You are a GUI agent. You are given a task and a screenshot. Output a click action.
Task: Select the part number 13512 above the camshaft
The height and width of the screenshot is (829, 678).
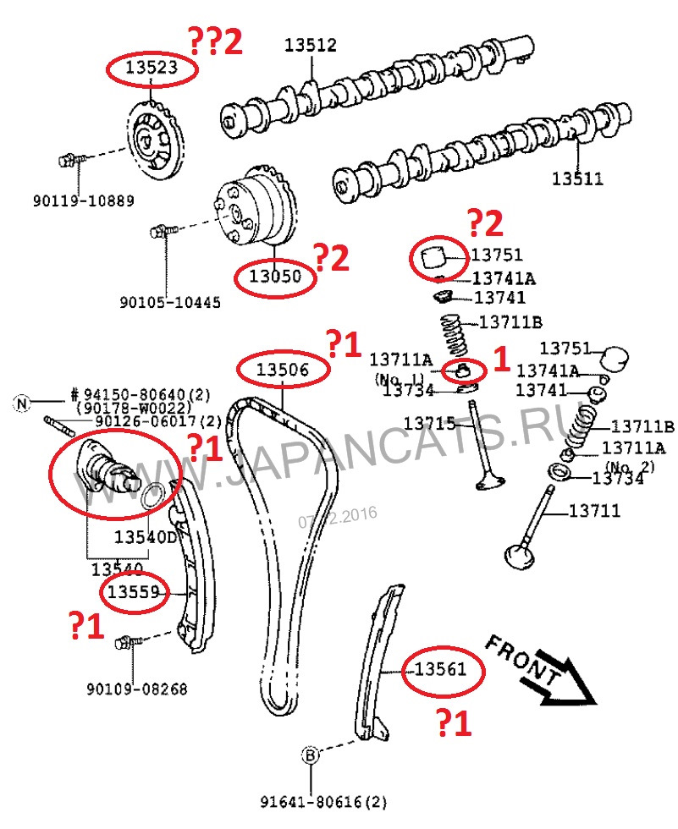pos(310,46)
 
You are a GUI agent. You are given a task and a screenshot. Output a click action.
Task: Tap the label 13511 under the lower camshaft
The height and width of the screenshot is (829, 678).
pos(577,178)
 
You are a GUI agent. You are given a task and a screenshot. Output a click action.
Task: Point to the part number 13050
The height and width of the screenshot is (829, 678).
pos(273,275)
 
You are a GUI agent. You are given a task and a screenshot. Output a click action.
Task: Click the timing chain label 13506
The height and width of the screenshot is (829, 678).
pos(283,369)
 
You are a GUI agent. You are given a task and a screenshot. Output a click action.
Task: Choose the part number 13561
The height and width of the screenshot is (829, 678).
pos(440,670)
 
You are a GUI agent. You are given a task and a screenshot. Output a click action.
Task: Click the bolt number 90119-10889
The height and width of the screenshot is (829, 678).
pos(84,201)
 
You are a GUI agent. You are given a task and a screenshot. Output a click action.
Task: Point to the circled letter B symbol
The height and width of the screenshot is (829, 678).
pos(311,755)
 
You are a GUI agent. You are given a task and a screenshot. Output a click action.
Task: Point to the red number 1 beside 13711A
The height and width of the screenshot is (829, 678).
pos(501,360)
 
